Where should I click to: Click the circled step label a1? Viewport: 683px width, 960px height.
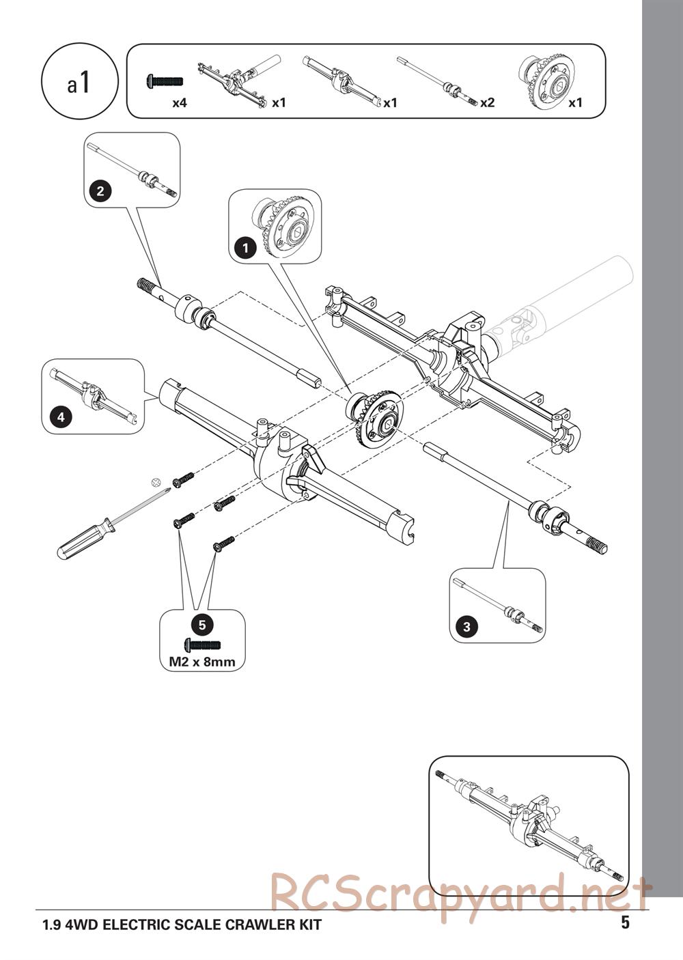(79, 81)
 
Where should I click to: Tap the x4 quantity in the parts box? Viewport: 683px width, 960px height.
(179, 103)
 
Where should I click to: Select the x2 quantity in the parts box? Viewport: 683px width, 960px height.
(488, 103)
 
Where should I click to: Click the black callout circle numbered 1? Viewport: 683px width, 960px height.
(246, 248)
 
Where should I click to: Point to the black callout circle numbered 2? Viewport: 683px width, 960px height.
(100, 190)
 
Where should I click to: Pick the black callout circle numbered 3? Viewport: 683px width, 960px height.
(466, 627)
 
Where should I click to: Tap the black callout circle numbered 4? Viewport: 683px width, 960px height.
(61, 417)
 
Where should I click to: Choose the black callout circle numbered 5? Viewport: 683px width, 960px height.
(202, 625)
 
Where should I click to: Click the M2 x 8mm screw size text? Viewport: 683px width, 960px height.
(202, 662)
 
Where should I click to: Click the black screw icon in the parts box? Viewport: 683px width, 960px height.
(165, 81)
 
